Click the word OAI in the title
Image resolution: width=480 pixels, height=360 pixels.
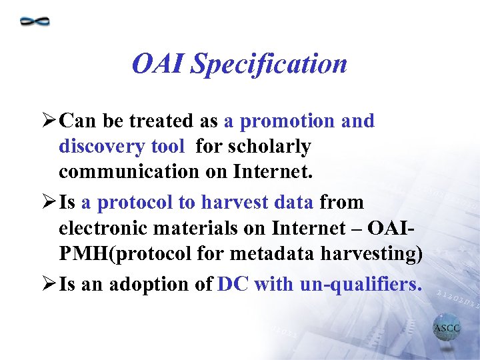[x=158, y=64]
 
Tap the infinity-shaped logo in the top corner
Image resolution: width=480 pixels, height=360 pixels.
[x=35, y=21]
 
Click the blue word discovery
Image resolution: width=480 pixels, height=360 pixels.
[x=97, y=146]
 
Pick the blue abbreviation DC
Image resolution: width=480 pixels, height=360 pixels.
[x=233, y=285]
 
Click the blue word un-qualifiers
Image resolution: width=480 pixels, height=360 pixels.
[x=361, y=285]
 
